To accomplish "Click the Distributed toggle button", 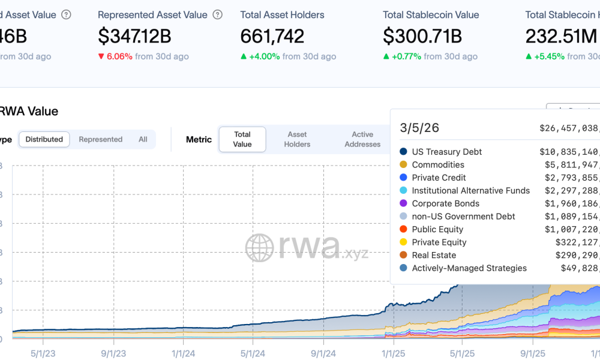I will (44, 139).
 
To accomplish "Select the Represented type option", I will (100, 139).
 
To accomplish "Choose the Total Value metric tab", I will (242, 139).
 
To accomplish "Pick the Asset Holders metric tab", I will (297, 139).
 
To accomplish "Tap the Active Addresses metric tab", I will (362, 139).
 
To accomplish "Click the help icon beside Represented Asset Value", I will (218, 14).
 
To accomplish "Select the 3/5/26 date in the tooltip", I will (420, 128).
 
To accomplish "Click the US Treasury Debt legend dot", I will (404, 152).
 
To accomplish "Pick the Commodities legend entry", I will (438, 165).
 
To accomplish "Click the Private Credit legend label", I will (439, 178).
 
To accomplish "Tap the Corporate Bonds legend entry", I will (445, 203).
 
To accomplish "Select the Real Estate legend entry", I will (434, 255).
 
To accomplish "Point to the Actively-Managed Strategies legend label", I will (469, 268).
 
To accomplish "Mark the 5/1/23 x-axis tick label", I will (43, 353).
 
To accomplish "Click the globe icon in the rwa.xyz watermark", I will (259, 248).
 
